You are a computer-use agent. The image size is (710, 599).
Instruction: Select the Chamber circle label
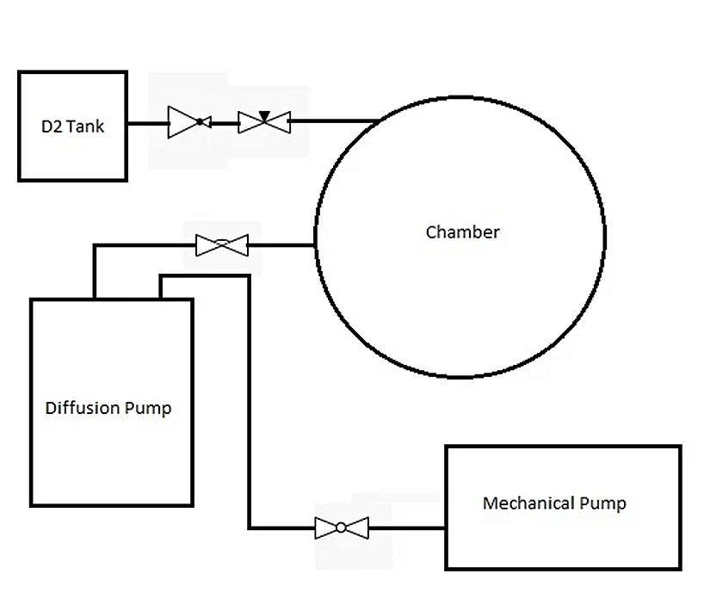[x=462, y=232]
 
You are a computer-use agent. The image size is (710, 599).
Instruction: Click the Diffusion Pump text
[x=108, y=407]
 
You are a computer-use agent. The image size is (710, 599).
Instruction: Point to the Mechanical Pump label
[x=554, y=503]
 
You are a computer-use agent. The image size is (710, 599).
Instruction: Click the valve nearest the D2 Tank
[x=185, y=122]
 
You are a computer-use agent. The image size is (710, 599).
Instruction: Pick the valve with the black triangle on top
[x=262, y=123]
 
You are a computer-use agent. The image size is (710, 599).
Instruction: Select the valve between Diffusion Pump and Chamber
[x=222, y=245]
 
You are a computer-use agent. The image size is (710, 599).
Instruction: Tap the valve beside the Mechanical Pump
[x=341, y=527]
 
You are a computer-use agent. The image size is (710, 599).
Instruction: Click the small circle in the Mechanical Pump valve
[x=341, y=527]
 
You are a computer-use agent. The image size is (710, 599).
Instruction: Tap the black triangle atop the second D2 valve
[x=263, y=115]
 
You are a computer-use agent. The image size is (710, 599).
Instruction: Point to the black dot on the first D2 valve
[x=200, y=122]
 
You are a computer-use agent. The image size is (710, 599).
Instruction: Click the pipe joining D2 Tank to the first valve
[x=148, y=123]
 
